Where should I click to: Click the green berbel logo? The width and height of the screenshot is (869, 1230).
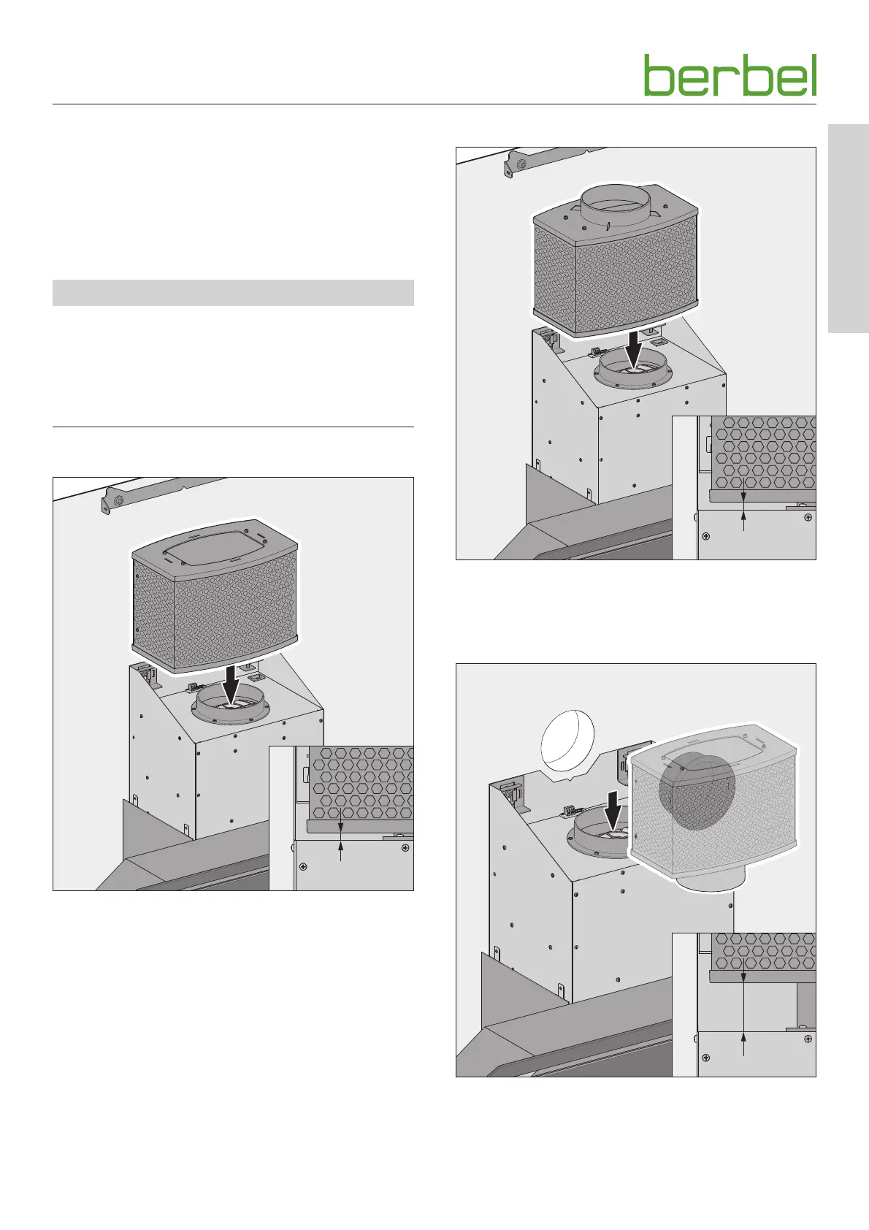point(730,75)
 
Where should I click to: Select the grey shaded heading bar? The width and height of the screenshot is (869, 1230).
point(233,292)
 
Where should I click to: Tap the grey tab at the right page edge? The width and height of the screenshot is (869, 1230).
point(848,229)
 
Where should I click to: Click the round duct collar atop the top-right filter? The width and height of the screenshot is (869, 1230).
point(615,205)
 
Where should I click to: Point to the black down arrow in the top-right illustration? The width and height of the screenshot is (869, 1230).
point(635,346)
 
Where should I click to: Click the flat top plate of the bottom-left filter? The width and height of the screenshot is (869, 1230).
point(215,546)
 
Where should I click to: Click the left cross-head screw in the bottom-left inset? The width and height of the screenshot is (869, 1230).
point(303,866)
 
